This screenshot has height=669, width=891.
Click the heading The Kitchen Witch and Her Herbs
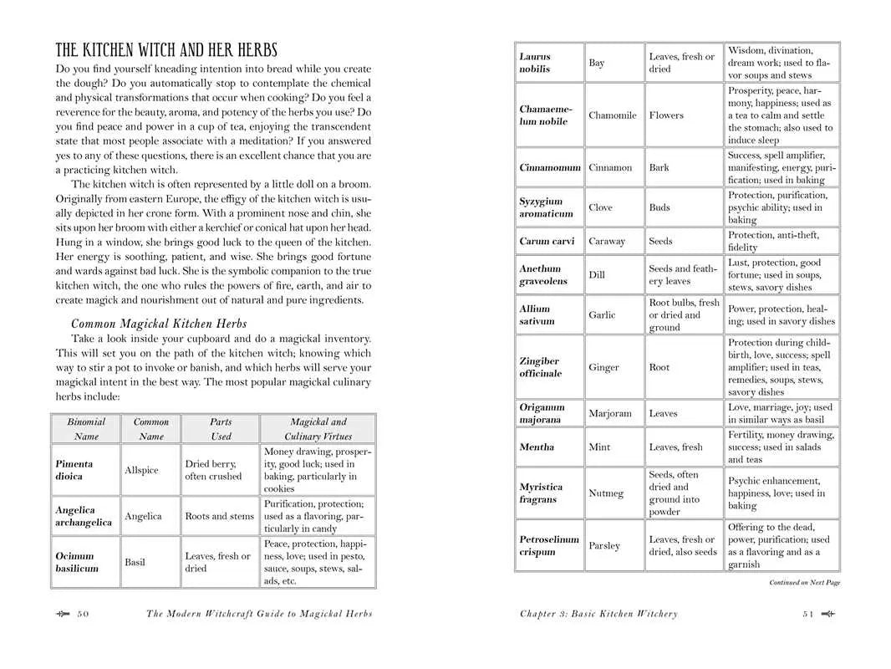166,50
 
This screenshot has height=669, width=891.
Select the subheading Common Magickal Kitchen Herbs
159,324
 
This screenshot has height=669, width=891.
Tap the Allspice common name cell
141,470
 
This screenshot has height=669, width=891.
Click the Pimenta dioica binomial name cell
74,470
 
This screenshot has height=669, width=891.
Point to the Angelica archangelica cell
84,516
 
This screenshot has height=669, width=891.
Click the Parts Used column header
221,429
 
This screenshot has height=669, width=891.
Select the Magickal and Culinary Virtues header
318,429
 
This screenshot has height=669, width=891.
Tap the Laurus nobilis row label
535,63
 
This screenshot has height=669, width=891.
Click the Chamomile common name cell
612,115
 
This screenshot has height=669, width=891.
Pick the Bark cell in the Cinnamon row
659,167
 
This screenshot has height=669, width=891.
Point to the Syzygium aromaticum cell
541,207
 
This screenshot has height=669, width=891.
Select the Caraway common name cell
607,241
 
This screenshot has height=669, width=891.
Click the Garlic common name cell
602,315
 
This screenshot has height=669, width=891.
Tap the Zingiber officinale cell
540,367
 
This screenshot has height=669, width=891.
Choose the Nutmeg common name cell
606,493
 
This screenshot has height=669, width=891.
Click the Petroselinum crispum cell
549,545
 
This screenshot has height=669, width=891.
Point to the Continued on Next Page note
804,583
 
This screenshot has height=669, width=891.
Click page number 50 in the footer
83,614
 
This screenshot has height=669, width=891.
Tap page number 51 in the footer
807,614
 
